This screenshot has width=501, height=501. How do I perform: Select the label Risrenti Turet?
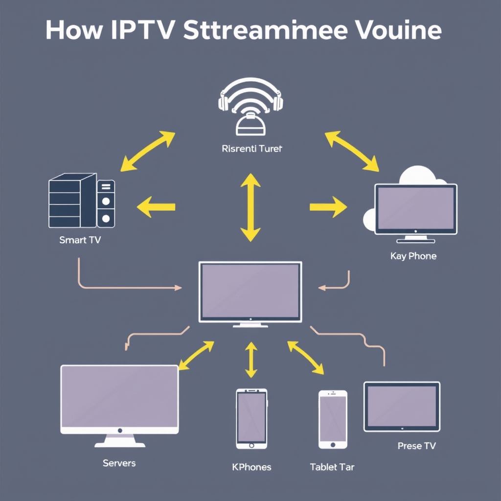251,149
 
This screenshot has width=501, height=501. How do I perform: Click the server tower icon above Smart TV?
81,203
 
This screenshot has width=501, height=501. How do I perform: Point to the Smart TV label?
80,240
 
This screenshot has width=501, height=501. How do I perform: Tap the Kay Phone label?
413,256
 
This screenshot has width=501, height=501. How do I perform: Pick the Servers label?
119,463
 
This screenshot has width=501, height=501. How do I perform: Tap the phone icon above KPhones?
251,418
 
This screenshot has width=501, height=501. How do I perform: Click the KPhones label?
251,467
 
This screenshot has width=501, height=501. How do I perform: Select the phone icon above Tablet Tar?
333,419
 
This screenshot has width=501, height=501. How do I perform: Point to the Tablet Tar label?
332,467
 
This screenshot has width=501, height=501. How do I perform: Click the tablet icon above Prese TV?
402,407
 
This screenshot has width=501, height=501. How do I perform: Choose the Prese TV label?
416,446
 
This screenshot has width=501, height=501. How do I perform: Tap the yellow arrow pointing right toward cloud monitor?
328,207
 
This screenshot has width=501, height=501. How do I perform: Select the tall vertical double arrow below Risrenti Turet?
250,207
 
